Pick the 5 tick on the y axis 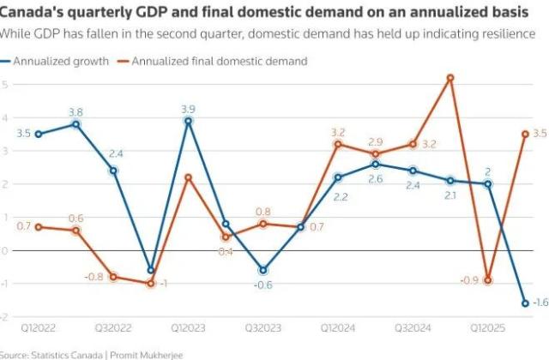pos(4,84)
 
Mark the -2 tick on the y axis pos(4,317)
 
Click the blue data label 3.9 pos(188,109)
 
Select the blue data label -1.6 pos(540,303)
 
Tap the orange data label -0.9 pos(469,280)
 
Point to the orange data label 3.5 pos(540,134)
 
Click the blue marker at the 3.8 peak pos(75,124)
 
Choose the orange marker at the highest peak pos(450,78)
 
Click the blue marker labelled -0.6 pos(262,270)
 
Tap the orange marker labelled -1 pos(151,283)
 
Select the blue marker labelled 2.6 pos(376,164)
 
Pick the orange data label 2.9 pos(376,142)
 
